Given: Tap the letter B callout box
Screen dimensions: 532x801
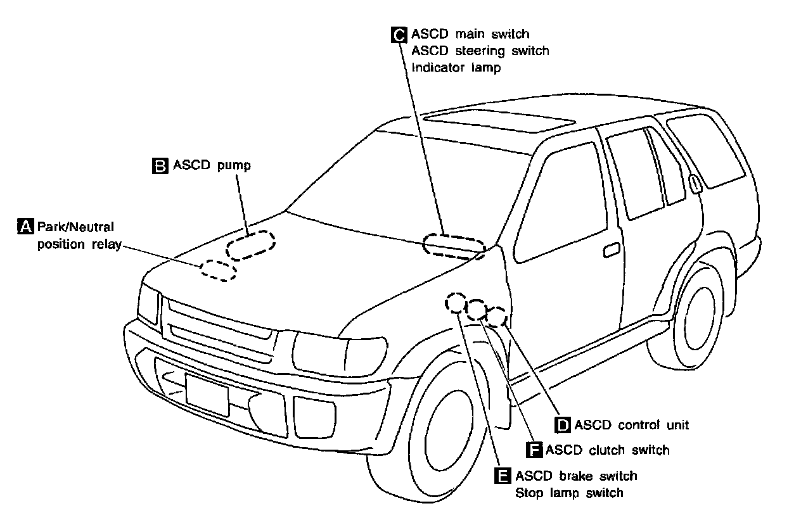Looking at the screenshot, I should (160, 166).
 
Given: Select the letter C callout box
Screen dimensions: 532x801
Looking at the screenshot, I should (399, 34).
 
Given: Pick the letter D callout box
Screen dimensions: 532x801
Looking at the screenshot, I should (563, 425).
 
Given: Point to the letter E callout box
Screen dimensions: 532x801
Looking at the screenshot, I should (503, 476).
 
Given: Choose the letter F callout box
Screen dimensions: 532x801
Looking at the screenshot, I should (534, 450).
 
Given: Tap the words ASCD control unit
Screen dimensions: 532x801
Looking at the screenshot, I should (631, 425).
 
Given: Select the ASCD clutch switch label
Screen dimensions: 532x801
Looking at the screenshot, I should (607, 450).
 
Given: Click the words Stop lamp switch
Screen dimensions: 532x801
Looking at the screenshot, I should (569, 493).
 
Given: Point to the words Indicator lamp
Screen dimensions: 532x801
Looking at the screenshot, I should (456, 67).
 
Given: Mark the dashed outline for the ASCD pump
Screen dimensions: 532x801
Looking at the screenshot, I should (250, 244).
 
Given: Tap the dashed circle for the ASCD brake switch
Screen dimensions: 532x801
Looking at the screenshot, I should (455, 303).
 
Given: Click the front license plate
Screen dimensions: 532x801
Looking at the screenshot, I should (207, 394).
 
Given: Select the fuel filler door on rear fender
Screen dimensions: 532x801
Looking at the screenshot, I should (695, 184).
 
